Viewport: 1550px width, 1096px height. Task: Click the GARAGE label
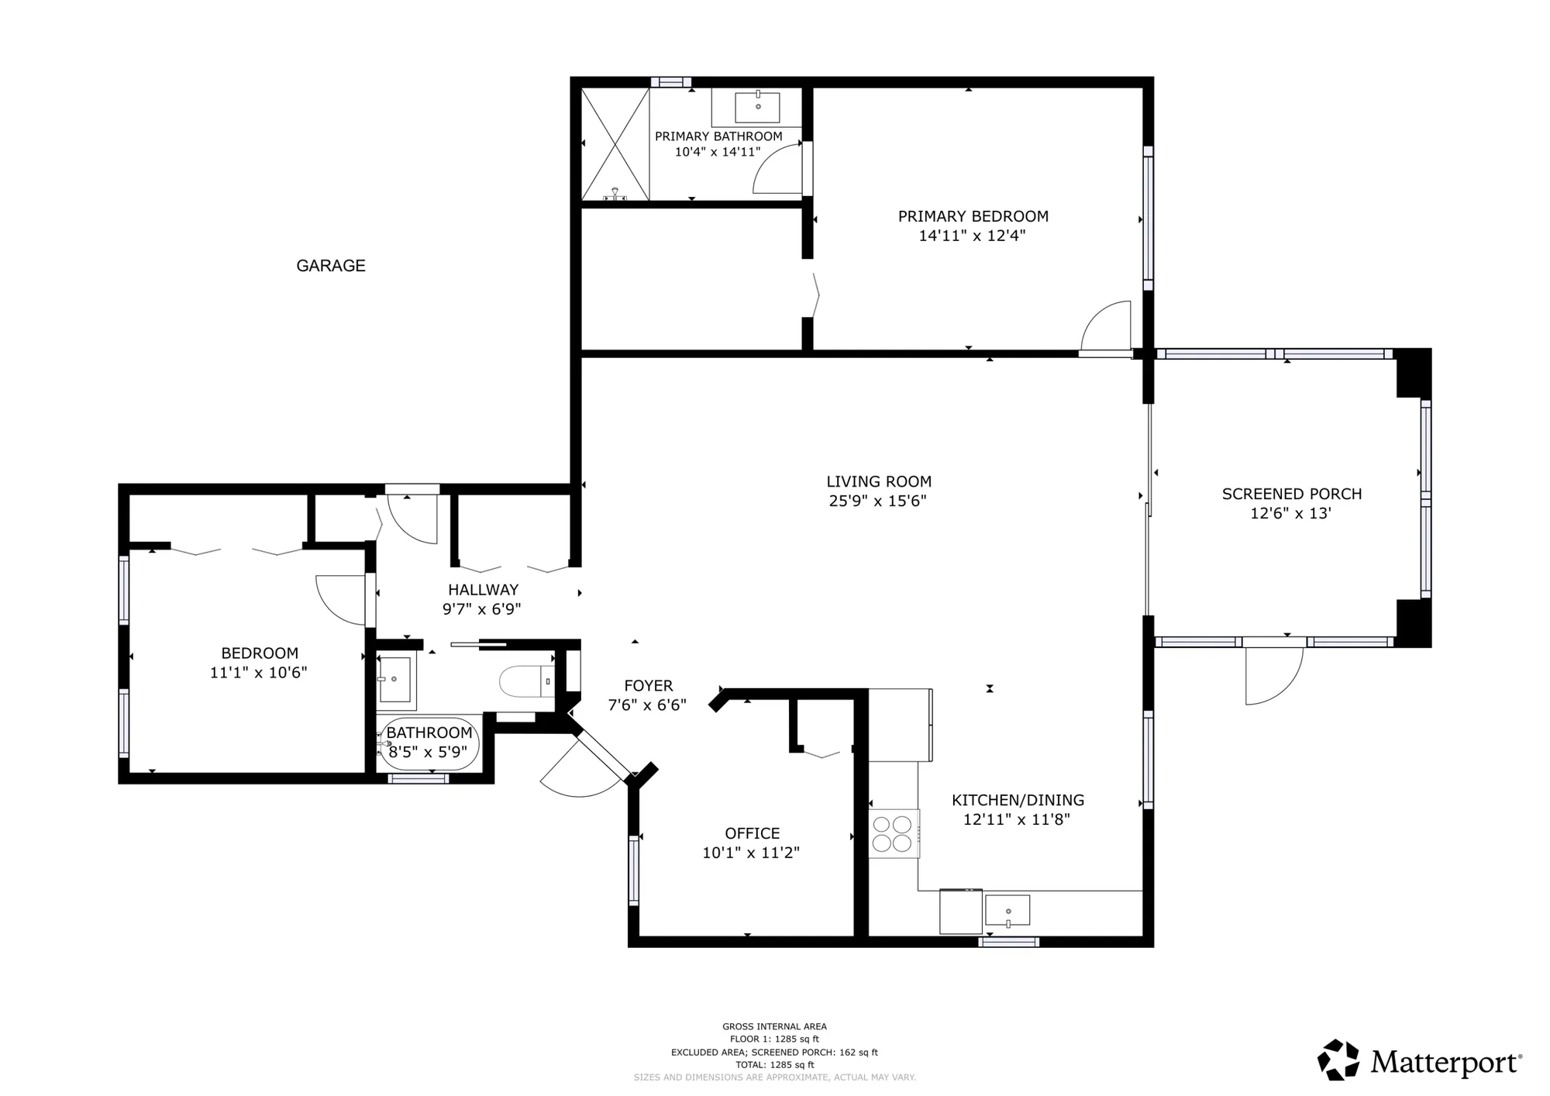(x=331, y=266)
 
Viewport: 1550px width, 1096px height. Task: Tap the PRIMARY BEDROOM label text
(x=973, y=216)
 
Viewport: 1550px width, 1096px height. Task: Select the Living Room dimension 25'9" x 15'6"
(x=877, y=501)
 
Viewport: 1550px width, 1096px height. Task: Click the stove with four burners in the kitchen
(x=892, y=833)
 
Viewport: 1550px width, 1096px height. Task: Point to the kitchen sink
(x=1007, y=910)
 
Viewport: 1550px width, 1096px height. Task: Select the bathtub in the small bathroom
(x=429, y=743)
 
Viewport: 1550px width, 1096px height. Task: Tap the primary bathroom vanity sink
(x=757, y=107)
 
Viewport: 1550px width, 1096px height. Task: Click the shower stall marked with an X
(x=615, y=144)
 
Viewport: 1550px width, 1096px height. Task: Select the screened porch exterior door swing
(x=1271, y=676)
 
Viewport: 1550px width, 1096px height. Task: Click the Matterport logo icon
(x=1338, y=1060)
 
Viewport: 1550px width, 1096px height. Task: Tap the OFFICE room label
(x=752, y=833)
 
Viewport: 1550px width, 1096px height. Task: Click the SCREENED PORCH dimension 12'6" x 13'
(x=1290, y=513)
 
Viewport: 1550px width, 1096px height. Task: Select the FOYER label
(x=648, y=686)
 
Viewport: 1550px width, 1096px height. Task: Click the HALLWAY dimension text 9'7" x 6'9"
(x=481, y=609)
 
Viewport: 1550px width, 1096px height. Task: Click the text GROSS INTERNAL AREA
(x=774, y=1026)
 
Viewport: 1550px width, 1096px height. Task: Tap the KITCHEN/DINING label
(x=1017, y=800)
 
